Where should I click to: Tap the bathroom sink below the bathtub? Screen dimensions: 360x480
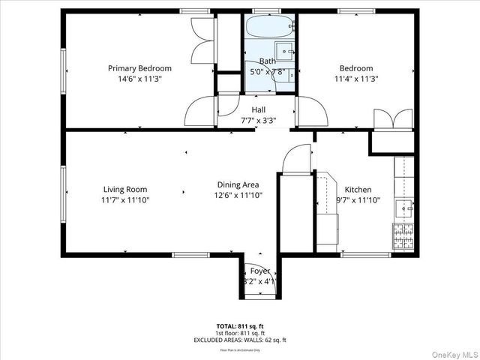[x=286, y=52]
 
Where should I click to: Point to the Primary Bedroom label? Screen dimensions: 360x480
[x=139, y=68]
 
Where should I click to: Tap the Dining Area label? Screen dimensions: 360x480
[x=238, y=185]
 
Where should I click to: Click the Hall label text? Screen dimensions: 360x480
[x=258, y=109]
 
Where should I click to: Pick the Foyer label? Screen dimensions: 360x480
[x=260, y=271]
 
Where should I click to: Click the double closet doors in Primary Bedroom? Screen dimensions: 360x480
[x=202, y=41]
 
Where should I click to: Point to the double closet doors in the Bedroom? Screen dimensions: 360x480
[x=393, y=118]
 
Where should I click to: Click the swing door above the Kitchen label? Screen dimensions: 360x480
[x=296, y=157]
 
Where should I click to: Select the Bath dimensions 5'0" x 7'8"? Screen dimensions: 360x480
[x=267, y=72]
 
